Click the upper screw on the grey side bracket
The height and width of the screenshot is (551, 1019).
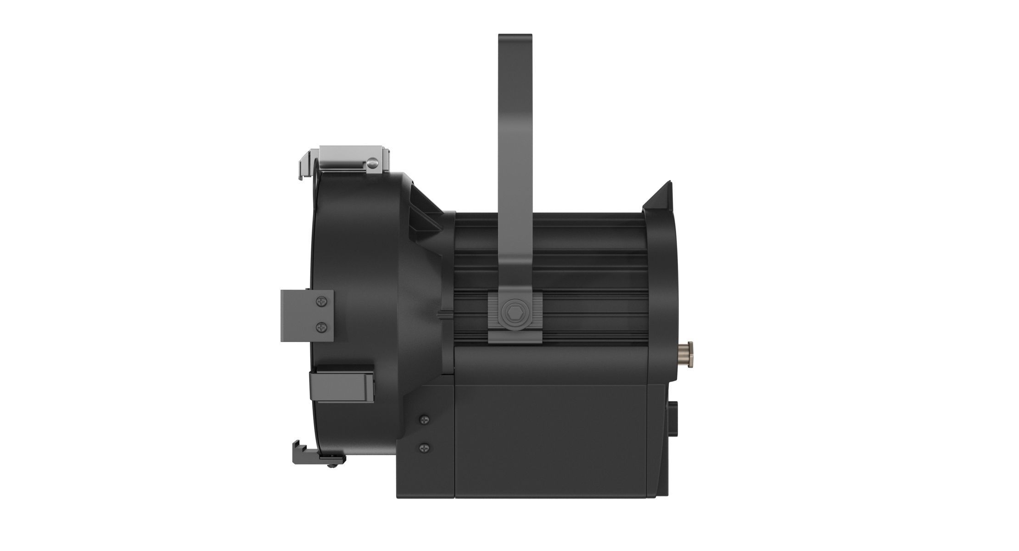coord(322,302)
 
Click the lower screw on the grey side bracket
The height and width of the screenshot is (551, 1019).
coord(322,327)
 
